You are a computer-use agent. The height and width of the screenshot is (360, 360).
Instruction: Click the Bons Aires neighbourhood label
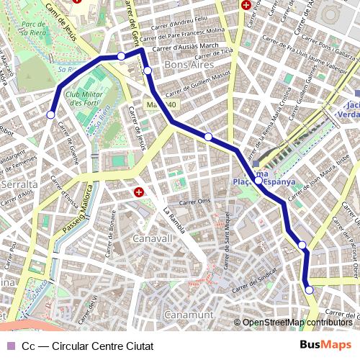pyautogui.click(x=186, y=65)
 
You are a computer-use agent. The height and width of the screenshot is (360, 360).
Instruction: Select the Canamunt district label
pyautogui.click(x=189, y=315)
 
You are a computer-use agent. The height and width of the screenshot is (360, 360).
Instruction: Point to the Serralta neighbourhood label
pyautogui.click(x=19, y=185)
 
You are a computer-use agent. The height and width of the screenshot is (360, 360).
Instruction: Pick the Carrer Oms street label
pyautogui.click(x=194, y=202)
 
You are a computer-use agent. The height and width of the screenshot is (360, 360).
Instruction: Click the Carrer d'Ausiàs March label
pyautogui.click(x=189, y=48)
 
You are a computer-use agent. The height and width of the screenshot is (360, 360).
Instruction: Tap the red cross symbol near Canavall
pyautogui.click(x=139, y=192)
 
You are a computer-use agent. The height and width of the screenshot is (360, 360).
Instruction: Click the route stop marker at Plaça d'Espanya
pyautogui.click(x=258, y=181)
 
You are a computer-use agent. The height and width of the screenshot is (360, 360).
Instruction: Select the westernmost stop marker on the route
pyautogui.click(x=50, y=114)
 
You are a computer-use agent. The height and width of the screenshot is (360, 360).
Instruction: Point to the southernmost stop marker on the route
pyautogui.click(x=310, y=290)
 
